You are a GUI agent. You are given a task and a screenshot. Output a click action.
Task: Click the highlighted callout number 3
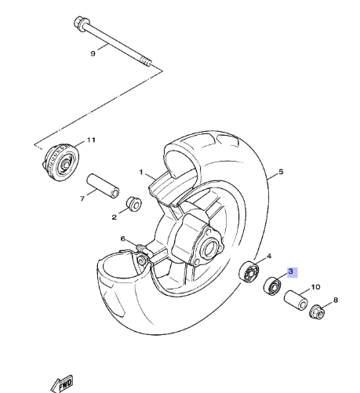pos(292,272)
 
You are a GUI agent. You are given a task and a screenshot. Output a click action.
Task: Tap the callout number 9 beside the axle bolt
pos(93,53)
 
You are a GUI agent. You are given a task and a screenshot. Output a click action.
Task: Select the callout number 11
pos(91,140)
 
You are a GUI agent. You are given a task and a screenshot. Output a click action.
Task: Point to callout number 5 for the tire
pos(281,172)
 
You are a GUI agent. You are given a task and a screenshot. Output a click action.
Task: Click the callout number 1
pos(141,172)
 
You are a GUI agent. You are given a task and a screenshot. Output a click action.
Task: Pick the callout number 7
pos(82,198)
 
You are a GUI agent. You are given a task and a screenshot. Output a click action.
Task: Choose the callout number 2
pos(114,217)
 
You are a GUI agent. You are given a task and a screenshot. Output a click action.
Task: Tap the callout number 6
pos(123,238)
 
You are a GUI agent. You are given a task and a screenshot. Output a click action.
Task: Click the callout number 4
pos(269,256)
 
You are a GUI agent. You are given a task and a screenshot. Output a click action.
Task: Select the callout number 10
pos(315,287)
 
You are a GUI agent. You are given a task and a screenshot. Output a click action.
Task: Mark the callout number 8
pos(335,300)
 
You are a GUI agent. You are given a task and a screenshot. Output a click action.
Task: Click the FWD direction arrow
pos(62,384)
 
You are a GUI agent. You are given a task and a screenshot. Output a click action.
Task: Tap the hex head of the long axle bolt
pos(79,23)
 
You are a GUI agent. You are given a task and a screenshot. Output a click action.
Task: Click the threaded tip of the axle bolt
pos(147,62)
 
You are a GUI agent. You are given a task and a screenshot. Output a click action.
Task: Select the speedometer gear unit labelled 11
pos(60,162)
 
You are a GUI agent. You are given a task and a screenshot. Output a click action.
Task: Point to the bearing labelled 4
pos(249,272)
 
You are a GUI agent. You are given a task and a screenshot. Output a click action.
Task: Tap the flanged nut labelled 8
pos(317,311)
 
